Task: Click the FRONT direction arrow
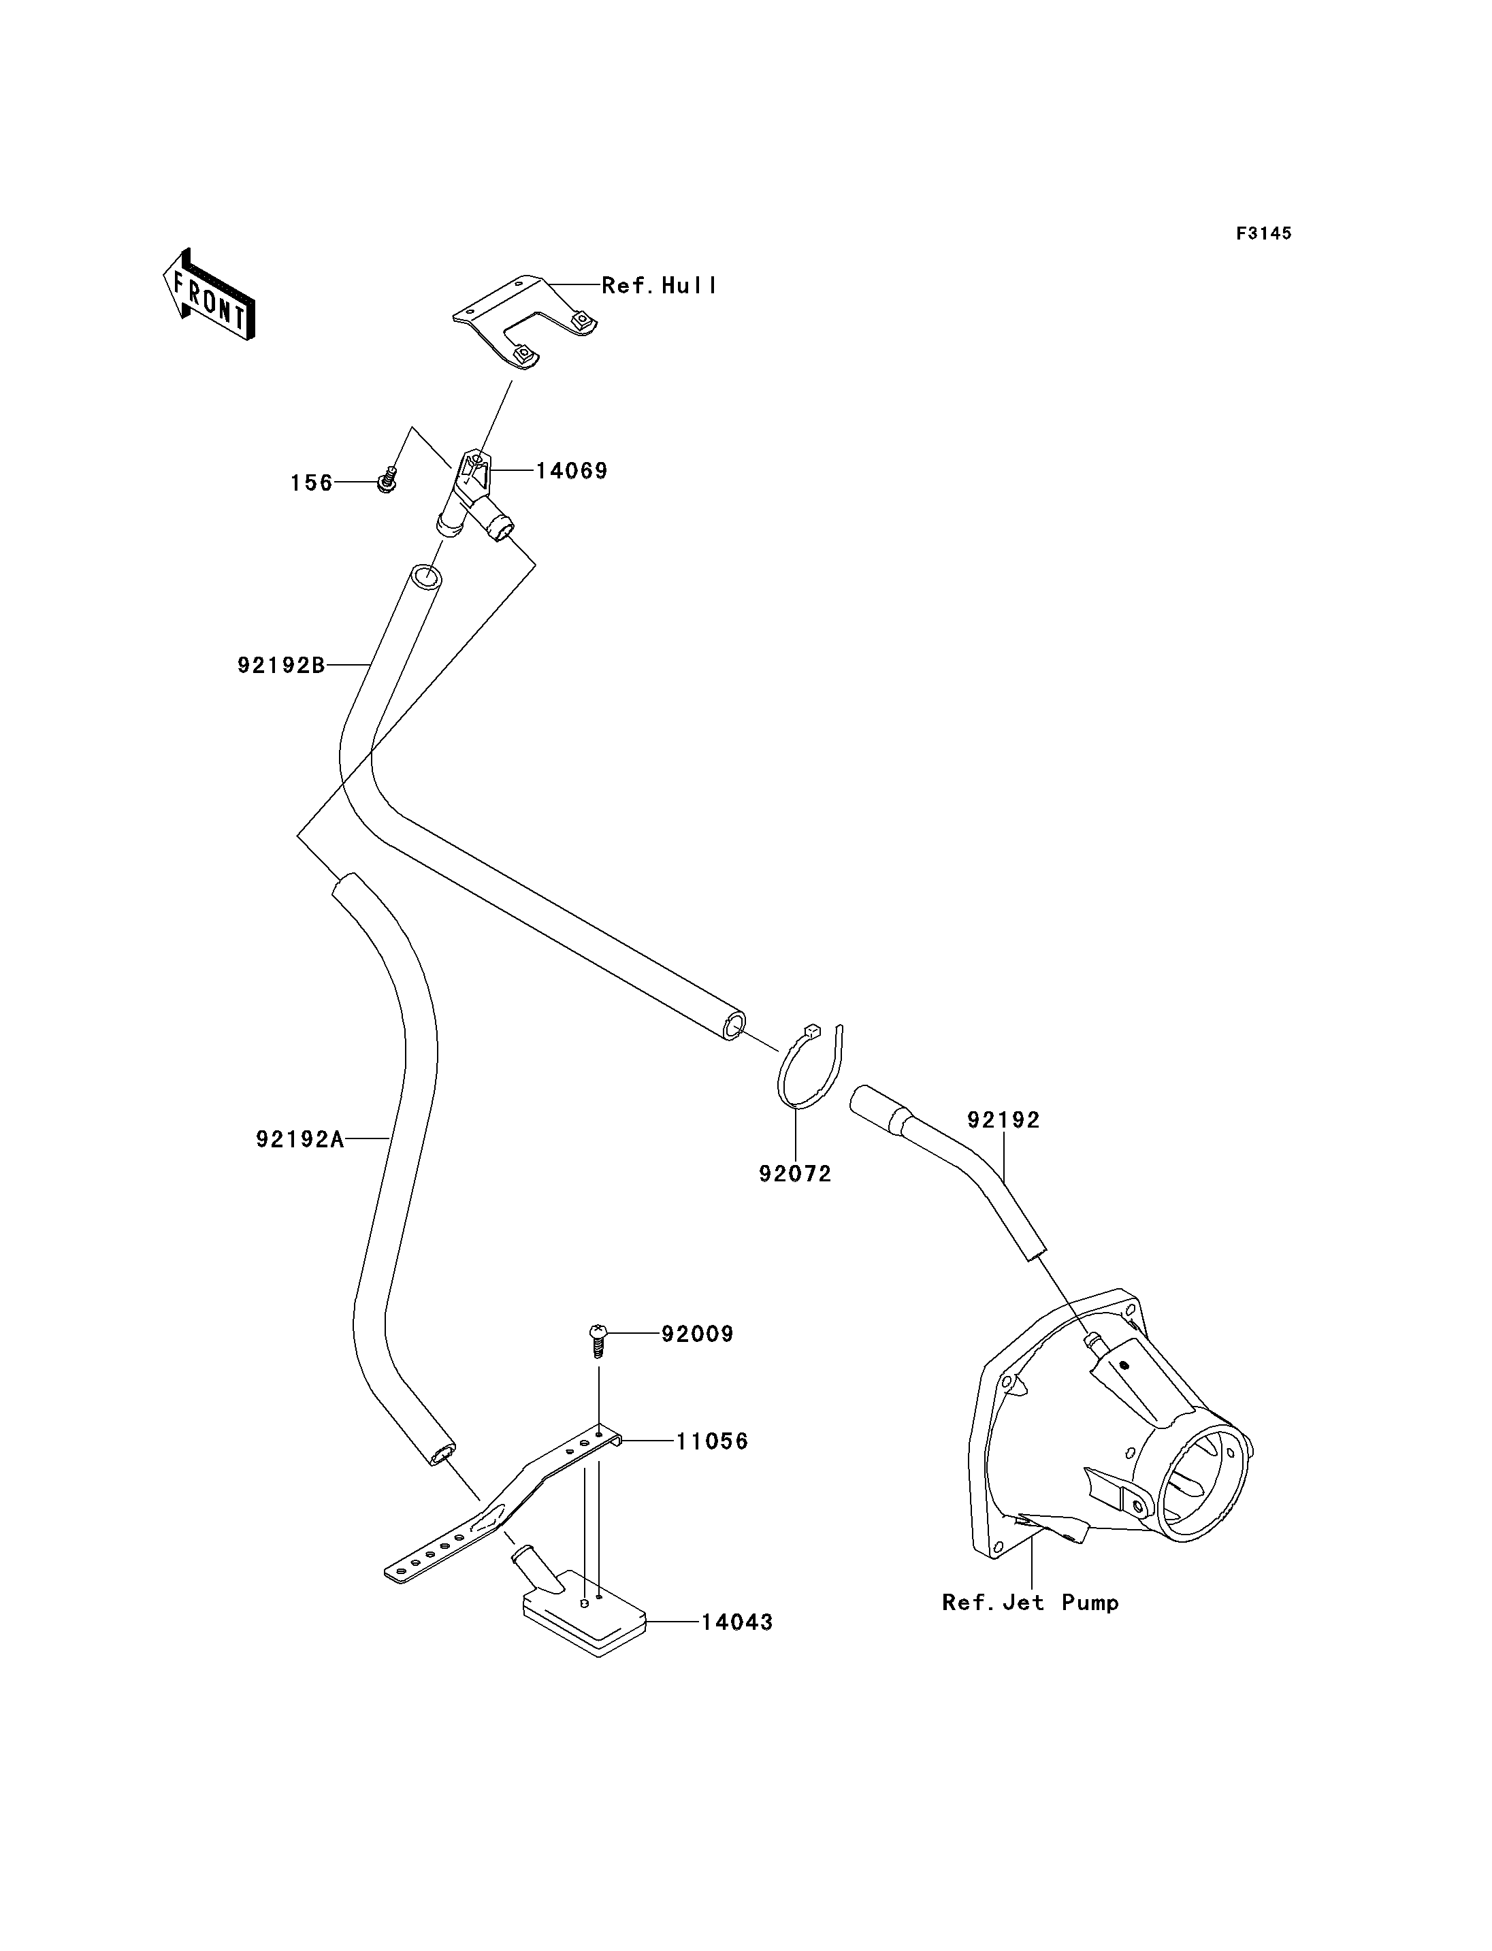tap(209, 296)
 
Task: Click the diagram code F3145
tap(1264, 233)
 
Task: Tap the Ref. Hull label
tap(660, 285)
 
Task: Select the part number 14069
tap(572, 471)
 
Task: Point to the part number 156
tap(312, 483)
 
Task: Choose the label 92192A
tap(300, 1138)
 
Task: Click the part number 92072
tap(795, 1174)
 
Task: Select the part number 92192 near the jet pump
tap(1003, 1120)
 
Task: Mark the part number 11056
tap(712, 1441)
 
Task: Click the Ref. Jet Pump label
tap(1031, 1603)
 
